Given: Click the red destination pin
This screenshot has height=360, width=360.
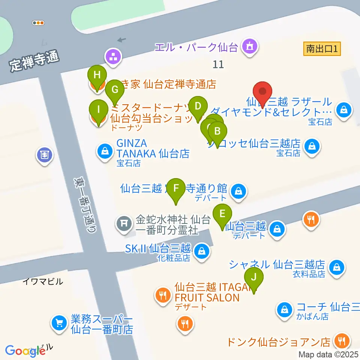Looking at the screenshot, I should coord(263,92).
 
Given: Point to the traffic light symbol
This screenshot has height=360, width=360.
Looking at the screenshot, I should coord(38,23).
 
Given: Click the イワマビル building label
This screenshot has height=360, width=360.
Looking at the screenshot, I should coord(43,281).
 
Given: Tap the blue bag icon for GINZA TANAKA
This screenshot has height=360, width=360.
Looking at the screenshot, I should coord(103,151).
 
